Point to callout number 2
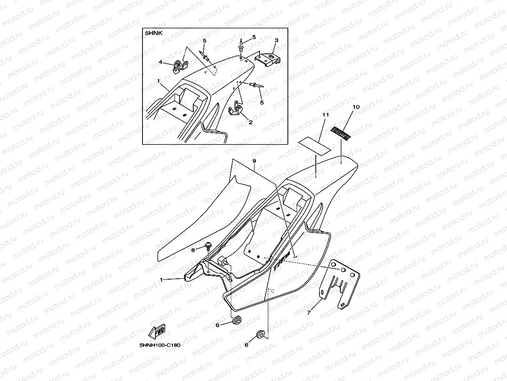click(x=250, y=122)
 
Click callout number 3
click(x=276, y=40)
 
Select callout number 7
click(x=309, y=312)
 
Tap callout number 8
click(x=193, y=250)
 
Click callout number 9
click(x=254, y=161)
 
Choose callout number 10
click(x=356, y=107)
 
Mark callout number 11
click(x=325, y=114)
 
